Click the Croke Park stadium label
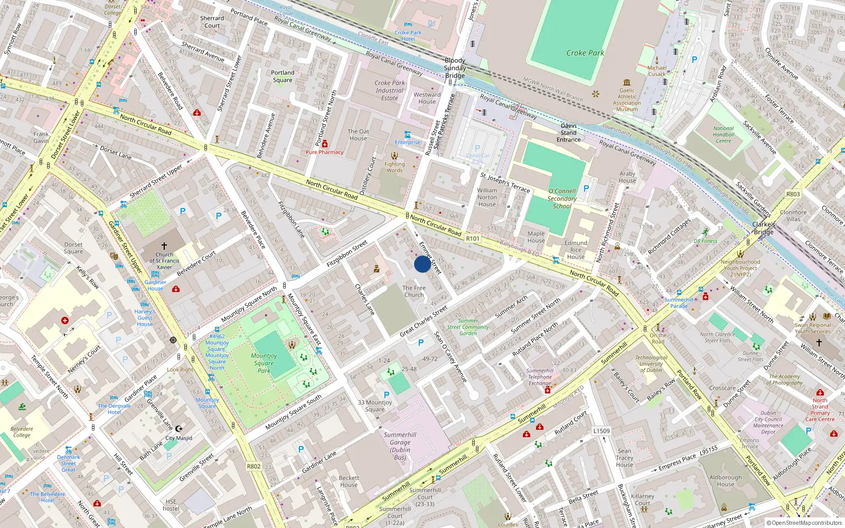585,53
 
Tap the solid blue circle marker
422,264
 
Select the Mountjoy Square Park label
264,363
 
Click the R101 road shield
473,239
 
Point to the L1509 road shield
601,431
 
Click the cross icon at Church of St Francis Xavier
164,246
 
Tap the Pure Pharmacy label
324,152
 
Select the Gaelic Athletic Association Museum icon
627,82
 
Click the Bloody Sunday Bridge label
455,68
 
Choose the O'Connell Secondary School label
562,199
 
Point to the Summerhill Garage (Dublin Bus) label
400,446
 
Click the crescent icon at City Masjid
179,429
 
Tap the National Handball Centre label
724,135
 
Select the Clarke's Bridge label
764,228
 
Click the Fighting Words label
395,167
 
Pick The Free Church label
414,291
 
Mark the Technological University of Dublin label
651,364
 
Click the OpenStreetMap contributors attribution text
804,523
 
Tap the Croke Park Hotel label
408,35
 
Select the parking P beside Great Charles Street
420,343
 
